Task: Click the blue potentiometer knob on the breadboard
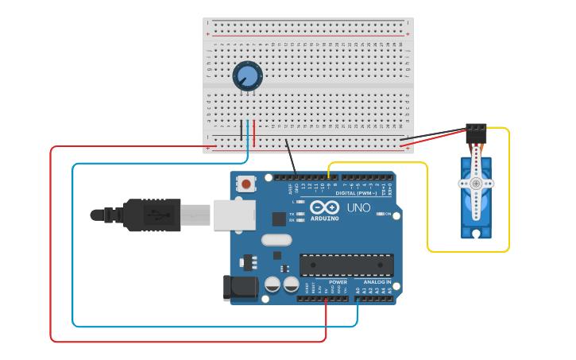pos(248,76)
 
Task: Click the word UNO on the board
pos(358,208)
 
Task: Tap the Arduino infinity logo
pos(324,207)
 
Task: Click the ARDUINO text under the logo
pos(324,219)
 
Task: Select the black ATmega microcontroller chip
pos(346,265)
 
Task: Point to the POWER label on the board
pos(338,282)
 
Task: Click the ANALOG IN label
pos(377,282)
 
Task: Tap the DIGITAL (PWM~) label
pos(355,193)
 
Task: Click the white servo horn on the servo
pos(476,184)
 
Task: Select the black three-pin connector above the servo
pos(476,132)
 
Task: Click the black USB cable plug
pos(152,215)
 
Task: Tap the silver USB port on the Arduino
pos(234,215)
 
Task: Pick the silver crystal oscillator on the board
pos(276,239)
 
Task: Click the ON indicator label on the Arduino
pos(389,215)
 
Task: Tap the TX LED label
pos(292,215)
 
